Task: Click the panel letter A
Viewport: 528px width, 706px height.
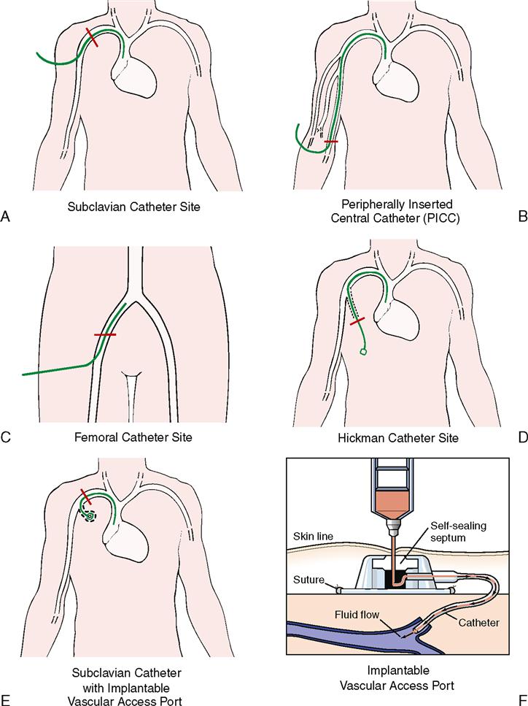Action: pos(6,215)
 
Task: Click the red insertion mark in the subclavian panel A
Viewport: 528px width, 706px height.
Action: pos(93,38)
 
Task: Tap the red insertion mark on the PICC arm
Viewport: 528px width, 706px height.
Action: pos(331,141)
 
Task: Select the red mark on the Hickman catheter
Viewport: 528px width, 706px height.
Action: pos(357,321)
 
